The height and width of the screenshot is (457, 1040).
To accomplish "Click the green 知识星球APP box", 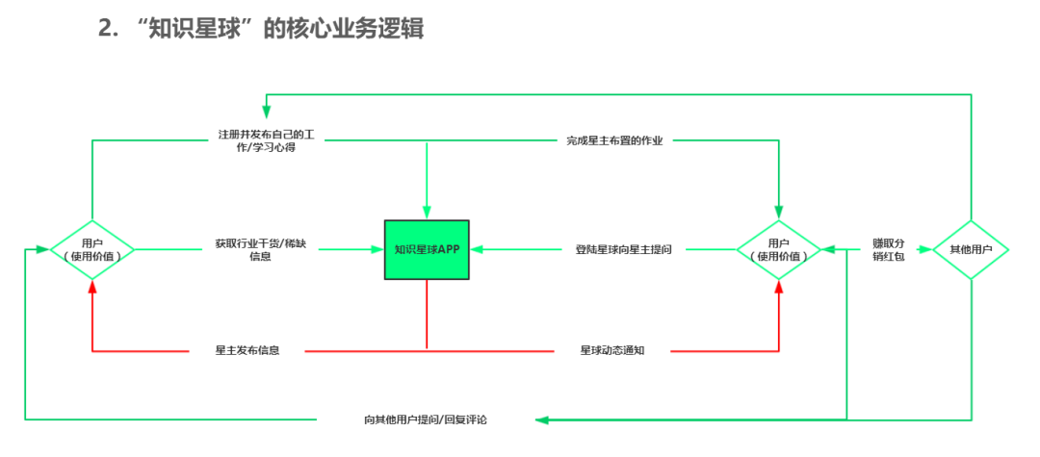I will coord(427,250).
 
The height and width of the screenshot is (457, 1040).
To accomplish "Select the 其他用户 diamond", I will coord(970,250).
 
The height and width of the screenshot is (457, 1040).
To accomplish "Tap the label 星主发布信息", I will coord(247,350).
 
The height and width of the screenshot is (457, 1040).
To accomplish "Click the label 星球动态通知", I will coord(611,350).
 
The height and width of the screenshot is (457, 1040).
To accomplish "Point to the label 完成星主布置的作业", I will coord(614,140).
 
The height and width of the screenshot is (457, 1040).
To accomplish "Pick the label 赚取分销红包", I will coord(888,250).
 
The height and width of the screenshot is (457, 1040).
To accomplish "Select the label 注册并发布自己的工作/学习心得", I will coord(270,140).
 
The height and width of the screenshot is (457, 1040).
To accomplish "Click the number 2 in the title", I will coord(106,29).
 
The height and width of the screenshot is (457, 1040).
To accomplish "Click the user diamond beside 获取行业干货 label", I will coord(91,250).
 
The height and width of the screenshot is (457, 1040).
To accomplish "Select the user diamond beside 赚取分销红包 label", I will coord(779,250).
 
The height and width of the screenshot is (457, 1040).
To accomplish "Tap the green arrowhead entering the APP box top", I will coord(427,213).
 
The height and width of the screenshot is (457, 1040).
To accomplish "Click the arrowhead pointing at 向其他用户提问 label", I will coord(542,419).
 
